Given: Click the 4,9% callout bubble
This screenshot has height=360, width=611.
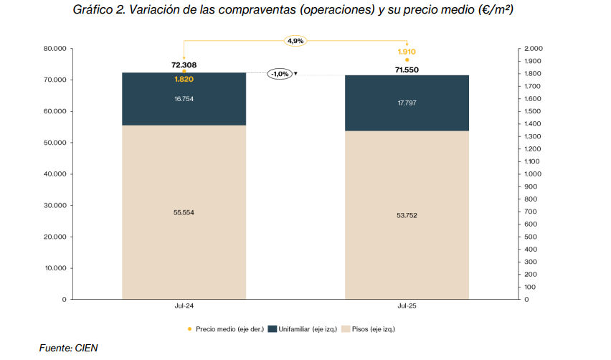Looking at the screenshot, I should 295,41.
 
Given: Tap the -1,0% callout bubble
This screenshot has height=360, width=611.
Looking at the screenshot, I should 280,74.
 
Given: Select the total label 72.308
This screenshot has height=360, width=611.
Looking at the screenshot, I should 184,65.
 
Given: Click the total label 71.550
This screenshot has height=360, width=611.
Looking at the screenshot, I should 407,70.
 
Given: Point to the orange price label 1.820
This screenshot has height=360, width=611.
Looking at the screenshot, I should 184,79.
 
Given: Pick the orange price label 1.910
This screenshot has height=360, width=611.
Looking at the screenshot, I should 407,52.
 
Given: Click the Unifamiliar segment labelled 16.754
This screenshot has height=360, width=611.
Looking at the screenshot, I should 184,98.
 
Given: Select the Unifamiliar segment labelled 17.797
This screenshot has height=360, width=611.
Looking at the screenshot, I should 407,103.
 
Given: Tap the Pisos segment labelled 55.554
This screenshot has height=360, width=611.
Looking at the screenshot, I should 184,212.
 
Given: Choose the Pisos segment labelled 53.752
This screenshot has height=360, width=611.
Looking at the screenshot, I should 407,214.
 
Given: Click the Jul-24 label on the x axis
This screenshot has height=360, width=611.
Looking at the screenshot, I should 184,305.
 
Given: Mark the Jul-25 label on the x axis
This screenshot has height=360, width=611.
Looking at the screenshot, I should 407,305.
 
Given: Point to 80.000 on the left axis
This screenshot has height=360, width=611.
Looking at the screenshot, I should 55,48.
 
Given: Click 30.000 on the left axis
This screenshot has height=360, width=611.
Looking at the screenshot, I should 55,205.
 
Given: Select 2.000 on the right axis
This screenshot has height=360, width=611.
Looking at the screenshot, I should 534,48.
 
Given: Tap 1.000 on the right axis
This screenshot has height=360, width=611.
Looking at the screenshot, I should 534,174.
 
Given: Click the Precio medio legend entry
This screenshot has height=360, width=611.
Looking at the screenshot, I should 225,329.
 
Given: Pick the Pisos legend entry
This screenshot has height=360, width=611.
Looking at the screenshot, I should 371,329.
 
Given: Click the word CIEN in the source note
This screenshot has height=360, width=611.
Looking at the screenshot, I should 86,348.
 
